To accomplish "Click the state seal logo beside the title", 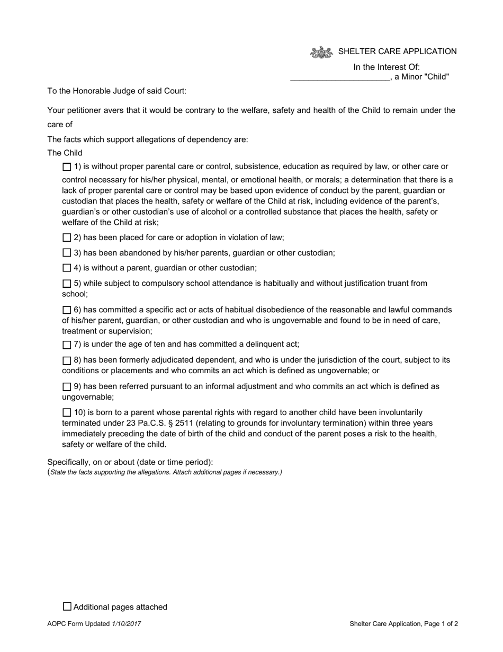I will tap(321, 52).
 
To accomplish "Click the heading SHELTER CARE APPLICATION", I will tap(397, 51).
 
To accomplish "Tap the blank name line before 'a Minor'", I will tap(339, 77).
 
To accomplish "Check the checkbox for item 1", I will tap(67, 167).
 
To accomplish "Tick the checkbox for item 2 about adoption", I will tap(67, 237).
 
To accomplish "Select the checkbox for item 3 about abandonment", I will tap(67, 253).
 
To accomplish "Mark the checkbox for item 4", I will tap(67, 268).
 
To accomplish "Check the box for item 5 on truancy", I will tap(67, 284).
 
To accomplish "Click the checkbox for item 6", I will tap(67, 310).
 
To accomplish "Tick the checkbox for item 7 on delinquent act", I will tap(67, 345).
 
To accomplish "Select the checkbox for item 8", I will tap(67, 360).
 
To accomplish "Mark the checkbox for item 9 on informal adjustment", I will tap(67, 387).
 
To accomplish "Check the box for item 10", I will tap(67, 412).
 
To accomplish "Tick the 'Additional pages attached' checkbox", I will tap(67, 606).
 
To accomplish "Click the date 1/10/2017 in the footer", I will tap(127, 624).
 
